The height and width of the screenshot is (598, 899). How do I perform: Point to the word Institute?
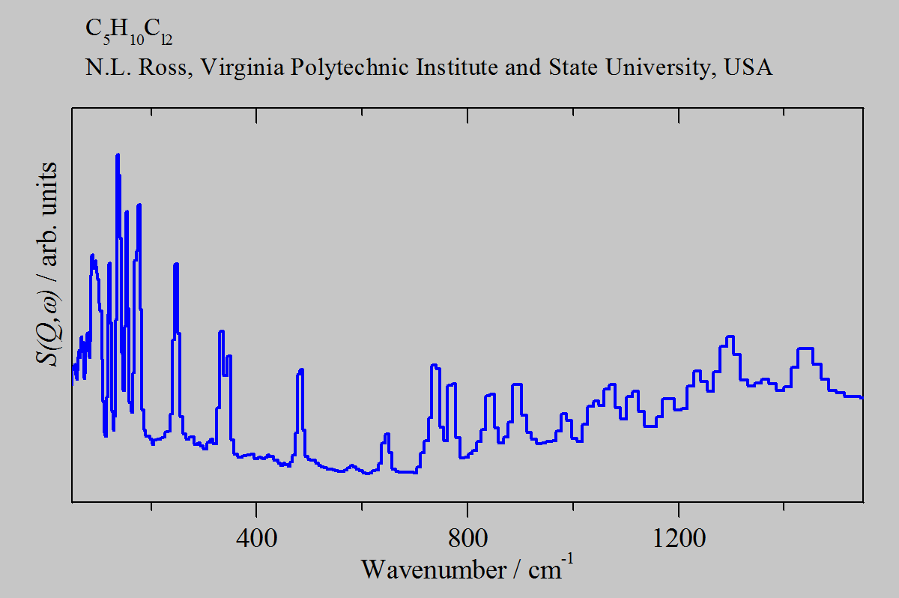tap(464, 67)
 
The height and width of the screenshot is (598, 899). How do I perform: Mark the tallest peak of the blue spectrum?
tap(118, 156)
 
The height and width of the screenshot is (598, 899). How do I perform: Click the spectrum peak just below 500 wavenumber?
tap(300, 370)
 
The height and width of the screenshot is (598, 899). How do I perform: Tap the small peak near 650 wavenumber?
tap(387, 435)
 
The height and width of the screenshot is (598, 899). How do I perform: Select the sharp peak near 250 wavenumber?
tap(176, 265)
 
